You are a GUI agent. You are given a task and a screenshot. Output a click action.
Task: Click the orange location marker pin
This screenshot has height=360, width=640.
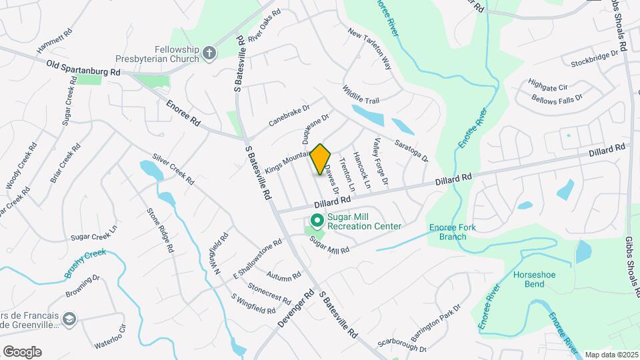point(321,159)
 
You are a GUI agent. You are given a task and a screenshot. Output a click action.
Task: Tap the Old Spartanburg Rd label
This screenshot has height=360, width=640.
point(83,67)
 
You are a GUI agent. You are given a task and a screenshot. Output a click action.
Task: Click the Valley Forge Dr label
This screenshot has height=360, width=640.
point(381,162)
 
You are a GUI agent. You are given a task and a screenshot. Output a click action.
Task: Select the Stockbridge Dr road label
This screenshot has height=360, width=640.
point(595,59)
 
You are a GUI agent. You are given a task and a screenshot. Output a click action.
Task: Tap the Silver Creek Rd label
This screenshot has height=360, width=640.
point(173,169)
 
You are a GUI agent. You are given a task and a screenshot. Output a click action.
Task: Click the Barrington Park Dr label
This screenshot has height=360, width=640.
point(437,317)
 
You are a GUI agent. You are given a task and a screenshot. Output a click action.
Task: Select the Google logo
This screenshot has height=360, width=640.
point(22,352)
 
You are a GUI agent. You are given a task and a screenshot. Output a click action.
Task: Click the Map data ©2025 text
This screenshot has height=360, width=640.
point(611,355)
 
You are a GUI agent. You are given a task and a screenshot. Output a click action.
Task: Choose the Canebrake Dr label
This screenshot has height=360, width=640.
point(289,115)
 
